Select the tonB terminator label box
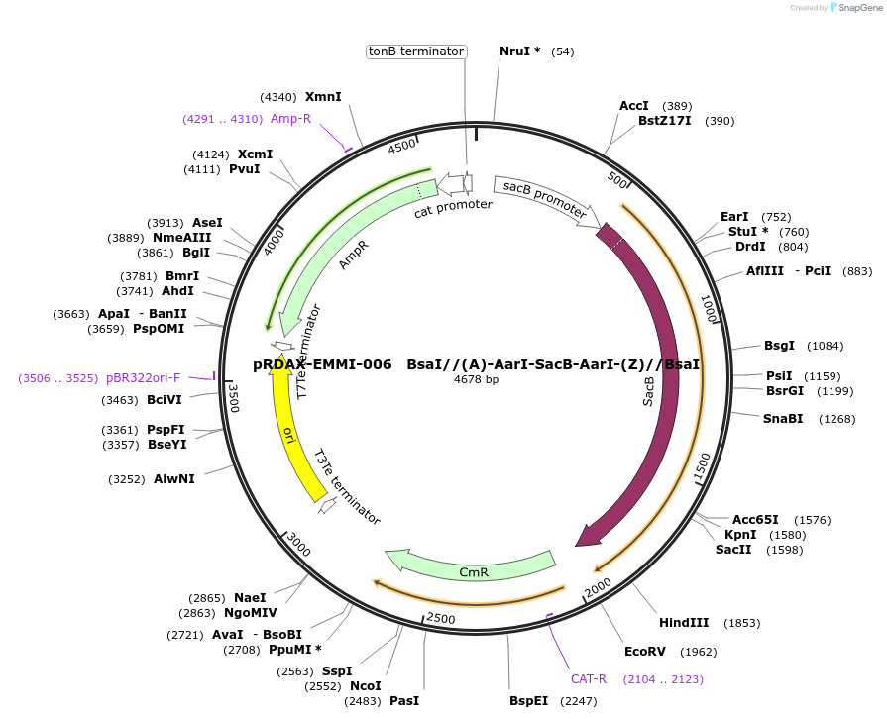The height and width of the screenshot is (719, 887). tap(416, 51)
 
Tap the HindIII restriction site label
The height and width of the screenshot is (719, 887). tap(684, 623)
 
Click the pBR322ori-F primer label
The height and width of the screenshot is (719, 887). tap(143, 378)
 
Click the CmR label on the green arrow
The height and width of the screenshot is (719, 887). tap(474, 572)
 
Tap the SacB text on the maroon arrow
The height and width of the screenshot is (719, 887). tap(649, 391)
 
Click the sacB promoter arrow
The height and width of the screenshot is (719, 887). tap(544, 199)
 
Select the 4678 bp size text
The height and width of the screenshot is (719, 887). tap(478, 379)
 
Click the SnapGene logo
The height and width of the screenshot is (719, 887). tap(857, 8)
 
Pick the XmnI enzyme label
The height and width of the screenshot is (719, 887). tap(323, 97)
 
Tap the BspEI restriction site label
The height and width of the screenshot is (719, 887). tap(528, 701)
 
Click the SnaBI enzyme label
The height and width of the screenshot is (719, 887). tap(782, 419)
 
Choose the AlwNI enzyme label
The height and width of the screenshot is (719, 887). tap(174, 479)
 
